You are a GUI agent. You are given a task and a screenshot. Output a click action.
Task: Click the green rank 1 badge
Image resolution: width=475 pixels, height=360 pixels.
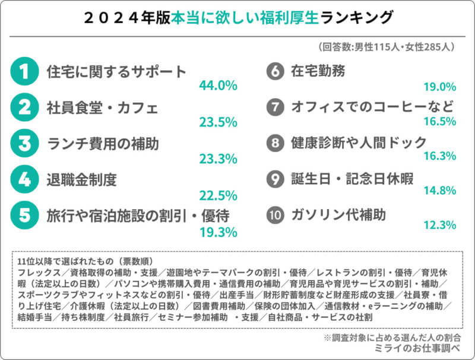tap(24, 72)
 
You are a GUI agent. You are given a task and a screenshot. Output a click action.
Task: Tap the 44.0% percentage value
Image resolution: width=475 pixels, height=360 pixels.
tap(218, 86)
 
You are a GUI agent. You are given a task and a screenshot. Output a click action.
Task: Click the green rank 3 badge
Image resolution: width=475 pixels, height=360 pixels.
tap(24, 144)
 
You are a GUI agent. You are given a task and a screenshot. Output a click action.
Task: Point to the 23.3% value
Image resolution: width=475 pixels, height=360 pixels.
tap(218, 158)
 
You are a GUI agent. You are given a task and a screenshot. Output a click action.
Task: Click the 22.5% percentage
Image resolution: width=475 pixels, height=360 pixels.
tap(218, 194)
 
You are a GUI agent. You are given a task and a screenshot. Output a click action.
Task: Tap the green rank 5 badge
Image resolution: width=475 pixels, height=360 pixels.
tap(24, 215)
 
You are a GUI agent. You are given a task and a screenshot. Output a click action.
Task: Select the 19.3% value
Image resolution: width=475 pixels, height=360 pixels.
tap(218, 230)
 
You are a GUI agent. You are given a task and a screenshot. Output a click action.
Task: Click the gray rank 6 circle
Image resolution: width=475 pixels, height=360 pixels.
tap(274, 72)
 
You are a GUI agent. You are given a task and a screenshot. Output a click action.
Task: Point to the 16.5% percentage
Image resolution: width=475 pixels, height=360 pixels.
tap(439, 122)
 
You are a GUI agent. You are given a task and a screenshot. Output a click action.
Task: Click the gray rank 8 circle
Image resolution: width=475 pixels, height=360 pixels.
tap(274, 143)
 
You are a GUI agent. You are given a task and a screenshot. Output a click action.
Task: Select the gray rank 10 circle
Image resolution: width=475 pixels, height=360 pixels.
tap(274, 215)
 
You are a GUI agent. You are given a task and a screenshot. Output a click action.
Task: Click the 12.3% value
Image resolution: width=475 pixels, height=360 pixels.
tap(439, 225)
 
